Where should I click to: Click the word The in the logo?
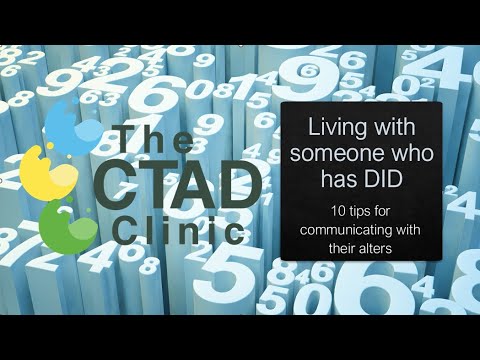click(x=150, y=139)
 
